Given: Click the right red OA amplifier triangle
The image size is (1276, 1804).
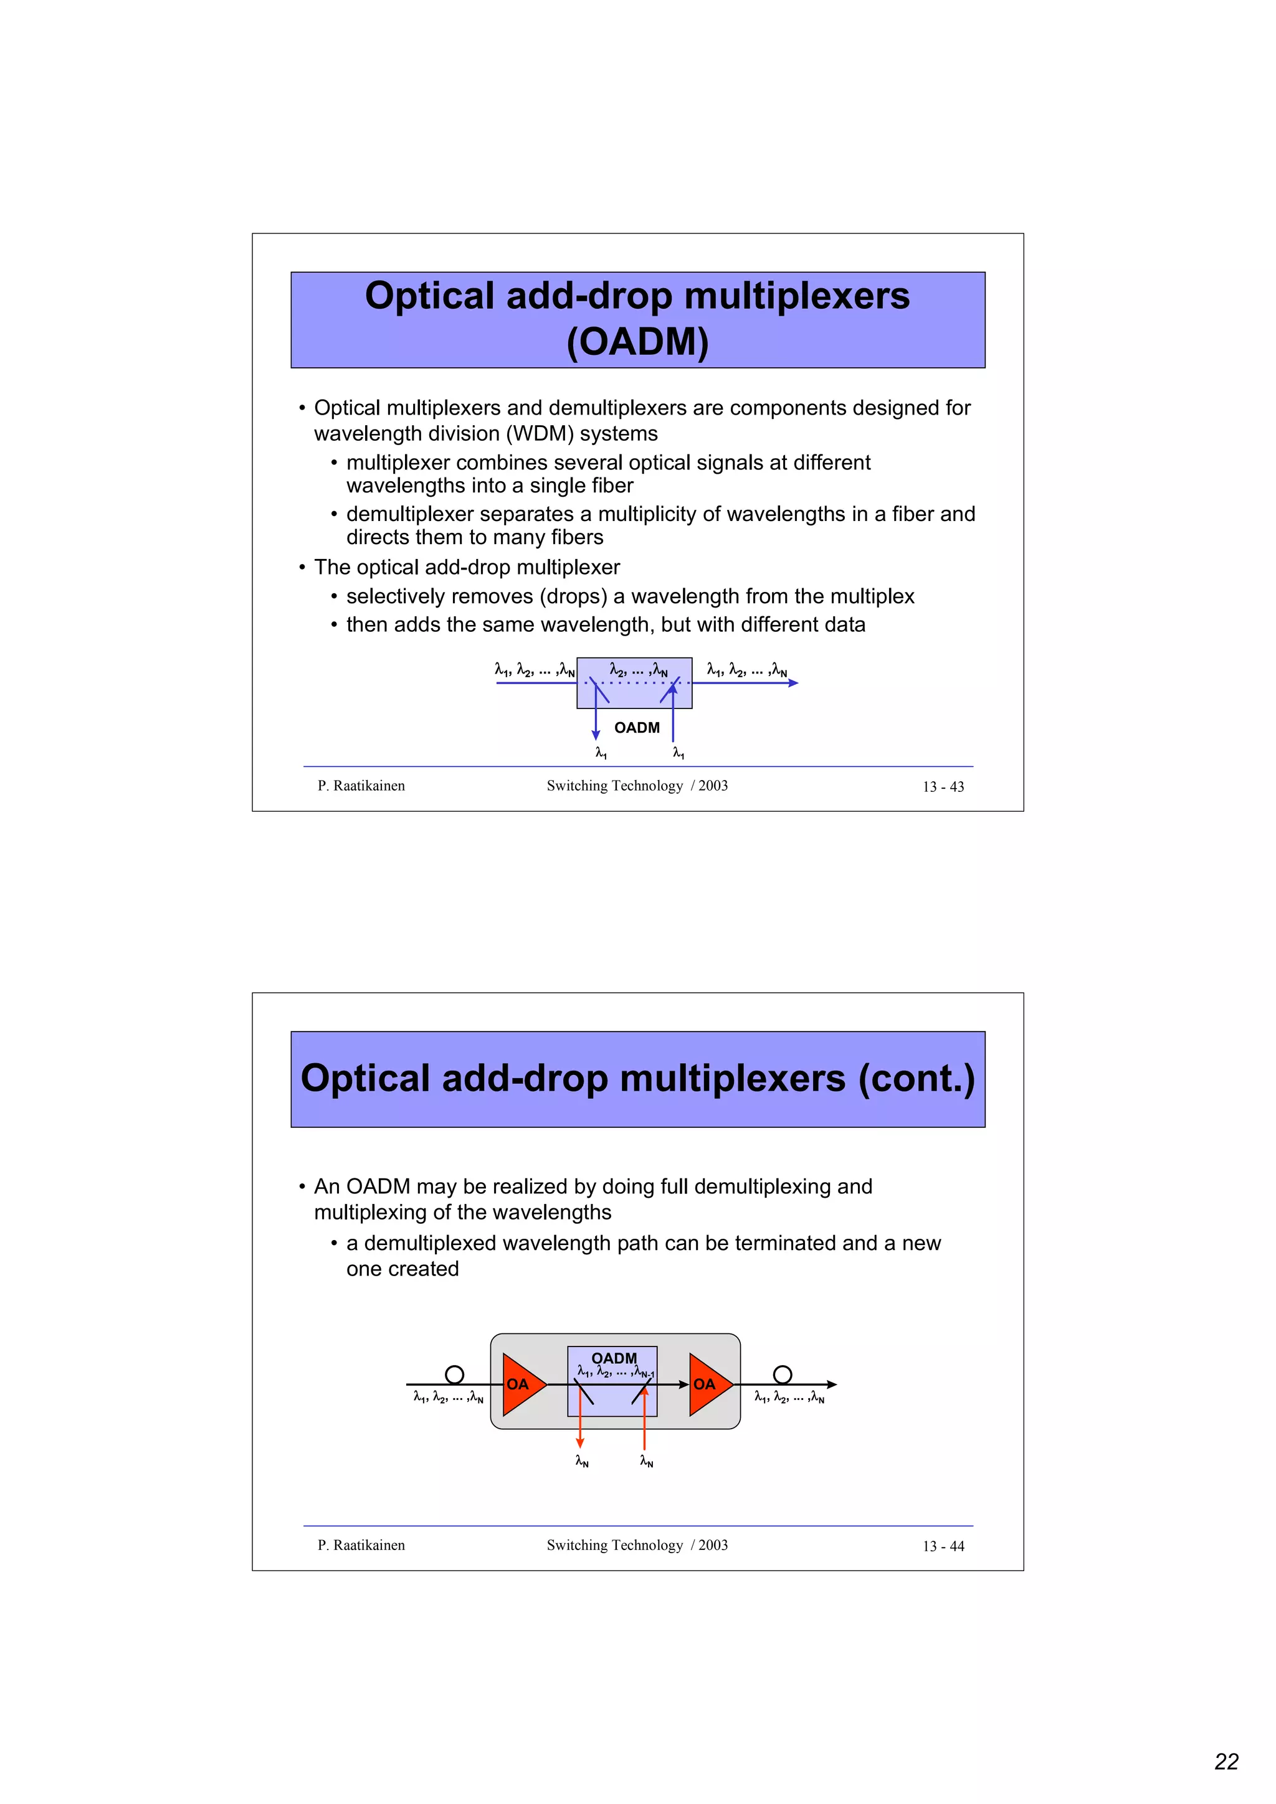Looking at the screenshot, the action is pos(708,1384).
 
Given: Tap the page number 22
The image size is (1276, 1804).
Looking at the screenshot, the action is pos(1226,1762).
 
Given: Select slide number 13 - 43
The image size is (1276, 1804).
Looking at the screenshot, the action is pos(943,786).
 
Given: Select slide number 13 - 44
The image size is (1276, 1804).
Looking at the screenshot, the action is pos(943,1546).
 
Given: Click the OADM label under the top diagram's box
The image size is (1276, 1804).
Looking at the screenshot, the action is pos(637,728).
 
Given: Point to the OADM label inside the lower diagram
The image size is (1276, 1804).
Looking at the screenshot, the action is pos(614,1358).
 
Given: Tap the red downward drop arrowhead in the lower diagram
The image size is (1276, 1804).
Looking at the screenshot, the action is pos(580,1442).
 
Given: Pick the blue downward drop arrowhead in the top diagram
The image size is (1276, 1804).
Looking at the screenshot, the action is pos(596,735).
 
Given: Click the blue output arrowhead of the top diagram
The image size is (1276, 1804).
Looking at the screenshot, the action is pos(793,683).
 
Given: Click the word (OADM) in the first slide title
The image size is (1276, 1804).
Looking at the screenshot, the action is pos(637,342).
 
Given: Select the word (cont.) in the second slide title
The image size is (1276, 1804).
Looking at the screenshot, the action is pos(916,1078).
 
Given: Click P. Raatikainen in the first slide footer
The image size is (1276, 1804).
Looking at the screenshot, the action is pos(361,786).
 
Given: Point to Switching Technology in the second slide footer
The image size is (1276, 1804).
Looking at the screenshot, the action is pos(615,1544).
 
